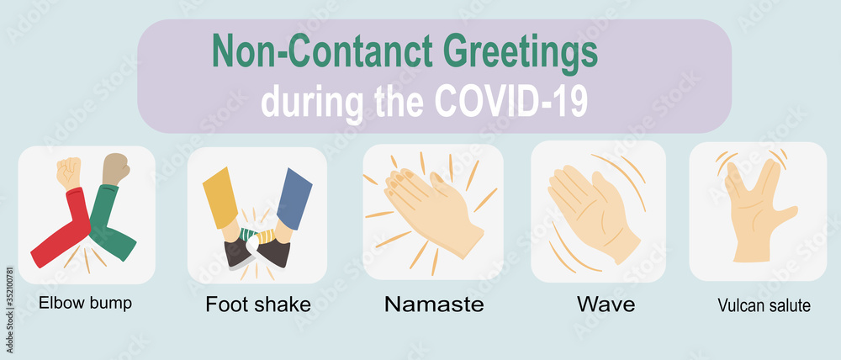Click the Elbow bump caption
(85, 303)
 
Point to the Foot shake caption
(257, 304)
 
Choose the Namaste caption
(433, 304)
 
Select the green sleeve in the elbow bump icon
(111, 227)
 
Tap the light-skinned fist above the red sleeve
(68, 172)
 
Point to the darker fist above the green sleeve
(115, 168)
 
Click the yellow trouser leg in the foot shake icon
(220, 198)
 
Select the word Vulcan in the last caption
(737, 305)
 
